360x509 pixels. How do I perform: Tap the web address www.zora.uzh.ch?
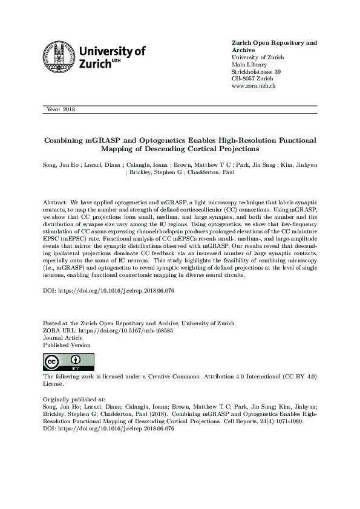click(x=254, y=86)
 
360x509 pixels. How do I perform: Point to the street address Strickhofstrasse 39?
click(x=257, y=71)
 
